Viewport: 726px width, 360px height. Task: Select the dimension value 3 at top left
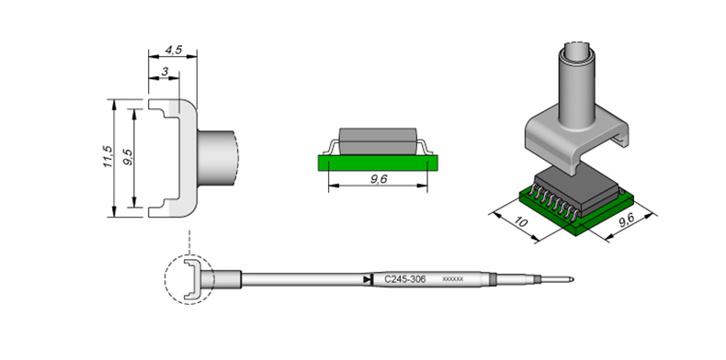click(x=164, y=72)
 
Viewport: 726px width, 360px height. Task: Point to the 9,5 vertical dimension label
click(x=129, y=156)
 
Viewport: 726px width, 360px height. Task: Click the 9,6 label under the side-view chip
click(x=379, y=179)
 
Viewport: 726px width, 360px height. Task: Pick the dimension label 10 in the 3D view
click(x=521, y=221)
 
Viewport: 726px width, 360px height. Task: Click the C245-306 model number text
click(x=405, y=279)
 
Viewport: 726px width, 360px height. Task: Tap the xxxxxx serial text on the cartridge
click(x=453, y=279)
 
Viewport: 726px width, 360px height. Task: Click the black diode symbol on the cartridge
click(x=368, y=279)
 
